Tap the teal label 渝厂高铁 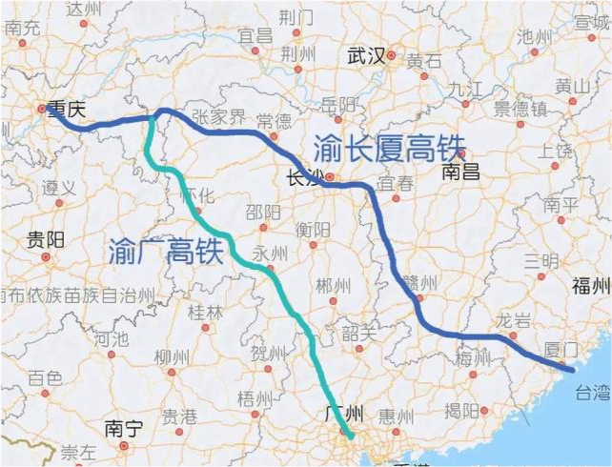[166, 250]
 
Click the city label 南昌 [465, 172]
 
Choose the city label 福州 [587, 286]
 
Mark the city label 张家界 [219, 117]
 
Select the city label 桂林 [204, 312]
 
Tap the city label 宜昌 [255, 35]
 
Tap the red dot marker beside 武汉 [391, 56]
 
